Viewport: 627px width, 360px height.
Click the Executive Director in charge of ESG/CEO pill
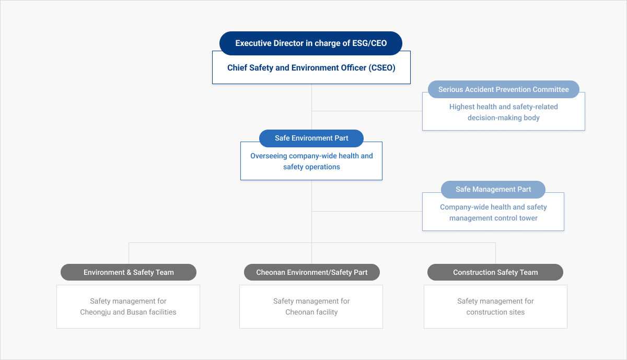point(311,43)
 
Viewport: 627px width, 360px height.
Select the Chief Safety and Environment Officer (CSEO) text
point(311,68)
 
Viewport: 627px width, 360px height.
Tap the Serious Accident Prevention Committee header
point(504,89)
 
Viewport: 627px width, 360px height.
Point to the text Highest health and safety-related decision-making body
point(504,112)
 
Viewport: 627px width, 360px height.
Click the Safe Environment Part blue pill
point(311,138)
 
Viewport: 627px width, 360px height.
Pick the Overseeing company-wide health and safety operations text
point(311,161)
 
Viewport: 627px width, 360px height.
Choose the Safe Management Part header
point(493,189)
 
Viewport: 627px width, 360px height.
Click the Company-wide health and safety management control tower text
point(493,213)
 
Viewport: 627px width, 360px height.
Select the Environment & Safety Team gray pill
point(129,272)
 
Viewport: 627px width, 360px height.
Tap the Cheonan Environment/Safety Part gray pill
point(312,272)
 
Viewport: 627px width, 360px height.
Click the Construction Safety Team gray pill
point(495,272)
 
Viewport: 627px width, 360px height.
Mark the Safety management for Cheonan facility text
point(311,307)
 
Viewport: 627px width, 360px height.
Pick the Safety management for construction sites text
point(495,307)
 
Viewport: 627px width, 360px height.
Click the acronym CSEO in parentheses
point(382,68)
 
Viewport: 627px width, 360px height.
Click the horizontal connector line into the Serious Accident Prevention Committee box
point(367,111)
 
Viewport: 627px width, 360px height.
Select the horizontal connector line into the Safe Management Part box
point(367,212)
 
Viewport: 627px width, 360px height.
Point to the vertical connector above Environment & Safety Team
point(129,253)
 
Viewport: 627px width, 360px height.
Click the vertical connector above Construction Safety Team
point(495,253)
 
